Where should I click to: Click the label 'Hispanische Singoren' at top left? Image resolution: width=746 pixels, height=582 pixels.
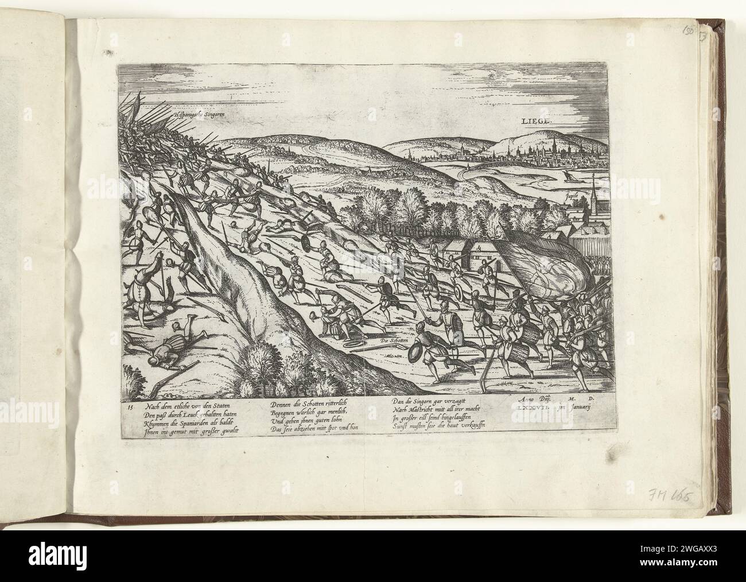[198, 114]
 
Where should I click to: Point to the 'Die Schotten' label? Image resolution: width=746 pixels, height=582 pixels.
[393, 343]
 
